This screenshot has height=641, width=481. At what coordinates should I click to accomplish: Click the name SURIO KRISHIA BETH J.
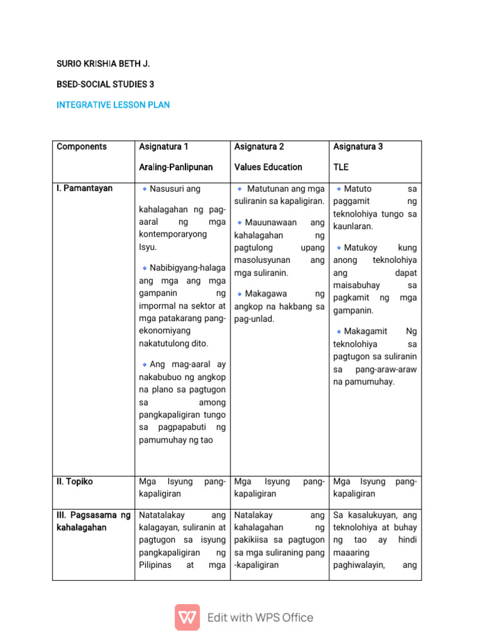[x=103, y=64]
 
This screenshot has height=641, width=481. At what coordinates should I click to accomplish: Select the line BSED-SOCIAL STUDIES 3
[x=105, y=84]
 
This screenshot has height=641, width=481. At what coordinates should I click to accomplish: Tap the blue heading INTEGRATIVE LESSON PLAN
[x=113, y=105]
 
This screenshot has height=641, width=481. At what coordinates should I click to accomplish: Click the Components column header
[x=81, y=146]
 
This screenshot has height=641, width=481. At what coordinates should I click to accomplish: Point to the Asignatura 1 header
[x=163, y=146]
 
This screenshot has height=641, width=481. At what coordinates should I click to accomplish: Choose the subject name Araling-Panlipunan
[x=176, y=167]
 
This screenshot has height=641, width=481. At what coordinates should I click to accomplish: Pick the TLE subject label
[x=341, y=167]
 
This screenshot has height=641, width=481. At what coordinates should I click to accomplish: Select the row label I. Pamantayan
[x=85, y=188]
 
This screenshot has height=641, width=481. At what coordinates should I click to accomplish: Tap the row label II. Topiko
[x=75, y=482]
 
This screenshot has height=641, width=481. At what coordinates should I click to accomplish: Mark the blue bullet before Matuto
[x=339, y=188]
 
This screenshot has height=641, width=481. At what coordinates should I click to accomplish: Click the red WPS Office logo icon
[x=187, y=617]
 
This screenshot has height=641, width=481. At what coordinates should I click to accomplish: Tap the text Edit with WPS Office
[x=260, y=618]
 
